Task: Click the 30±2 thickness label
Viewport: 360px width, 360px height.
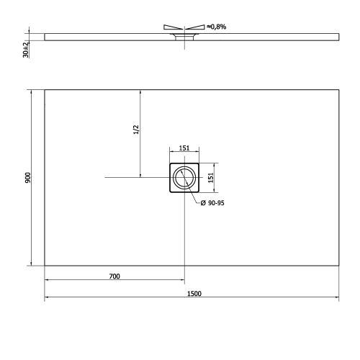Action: pos(26,49)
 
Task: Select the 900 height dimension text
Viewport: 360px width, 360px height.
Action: pos(26,177)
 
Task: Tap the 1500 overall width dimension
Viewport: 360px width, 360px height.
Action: pos(193,293)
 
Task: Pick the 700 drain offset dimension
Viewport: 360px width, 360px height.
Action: pos(114,276)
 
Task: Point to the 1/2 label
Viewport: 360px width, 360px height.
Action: pos(135,130)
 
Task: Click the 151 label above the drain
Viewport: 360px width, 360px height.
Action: pos(184,148)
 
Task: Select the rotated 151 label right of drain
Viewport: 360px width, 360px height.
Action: pos(210,177)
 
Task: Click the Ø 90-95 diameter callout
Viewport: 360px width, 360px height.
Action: pos(213,204)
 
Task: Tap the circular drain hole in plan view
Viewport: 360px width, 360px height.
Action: pos(184,177)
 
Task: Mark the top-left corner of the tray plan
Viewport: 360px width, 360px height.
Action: pos(45,89)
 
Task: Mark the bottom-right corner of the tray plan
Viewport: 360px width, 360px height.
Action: pos(339,265)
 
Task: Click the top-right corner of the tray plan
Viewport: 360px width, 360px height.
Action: pos(339,89)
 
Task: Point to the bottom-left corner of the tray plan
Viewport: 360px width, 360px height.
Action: pos(45,265)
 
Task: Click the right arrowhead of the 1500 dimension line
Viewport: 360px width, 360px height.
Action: pos(337,297)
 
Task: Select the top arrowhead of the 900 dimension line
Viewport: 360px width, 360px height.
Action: pos(31,91)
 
